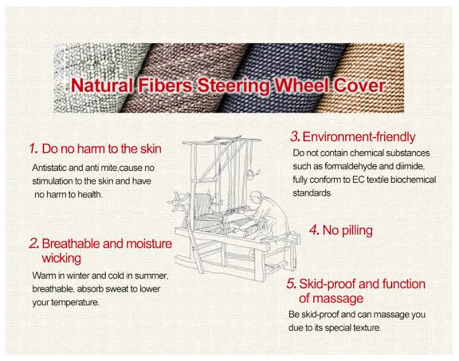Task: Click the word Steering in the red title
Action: pos(234,86)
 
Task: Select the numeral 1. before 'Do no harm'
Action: pos(33,149)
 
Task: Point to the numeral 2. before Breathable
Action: pos(34,244)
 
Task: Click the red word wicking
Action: pos(61,258)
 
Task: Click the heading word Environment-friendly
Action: pos(359,137)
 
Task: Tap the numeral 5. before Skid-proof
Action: pos(291,283)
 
